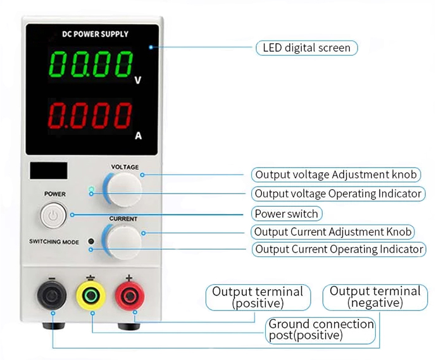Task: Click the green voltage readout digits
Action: click(90, 65)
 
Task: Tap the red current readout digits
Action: click(90, 116)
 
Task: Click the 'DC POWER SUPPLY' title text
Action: click(95, 34)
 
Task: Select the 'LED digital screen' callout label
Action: click(307, 48)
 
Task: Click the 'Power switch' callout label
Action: click(286, 213)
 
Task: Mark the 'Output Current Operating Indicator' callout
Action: click(339, 249)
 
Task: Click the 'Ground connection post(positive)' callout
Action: click(321, 330)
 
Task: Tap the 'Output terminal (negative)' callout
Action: click(375, 297)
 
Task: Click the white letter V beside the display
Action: click(138, 81)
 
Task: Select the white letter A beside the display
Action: click(139, 135)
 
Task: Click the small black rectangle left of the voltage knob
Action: click(49, 170)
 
